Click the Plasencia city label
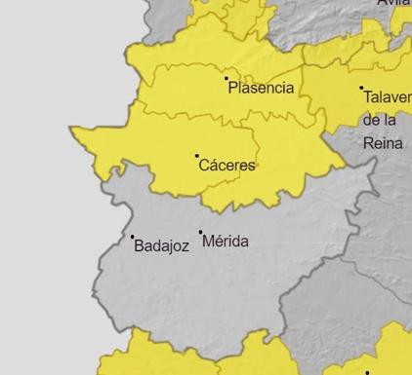261,88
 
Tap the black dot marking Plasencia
227,78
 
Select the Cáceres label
227,166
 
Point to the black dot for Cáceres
196,156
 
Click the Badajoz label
161,246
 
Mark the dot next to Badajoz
133,237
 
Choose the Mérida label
226,241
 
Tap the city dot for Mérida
201,233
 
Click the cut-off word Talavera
388,97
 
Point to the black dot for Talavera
361,89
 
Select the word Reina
382,142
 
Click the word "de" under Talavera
372,120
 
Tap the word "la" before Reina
391,120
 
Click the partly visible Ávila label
394,3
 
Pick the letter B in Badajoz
139,246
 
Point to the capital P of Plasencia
233,88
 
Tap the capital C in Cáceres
204,166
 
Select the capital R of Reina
368,142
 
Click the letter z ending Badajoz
185,247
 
